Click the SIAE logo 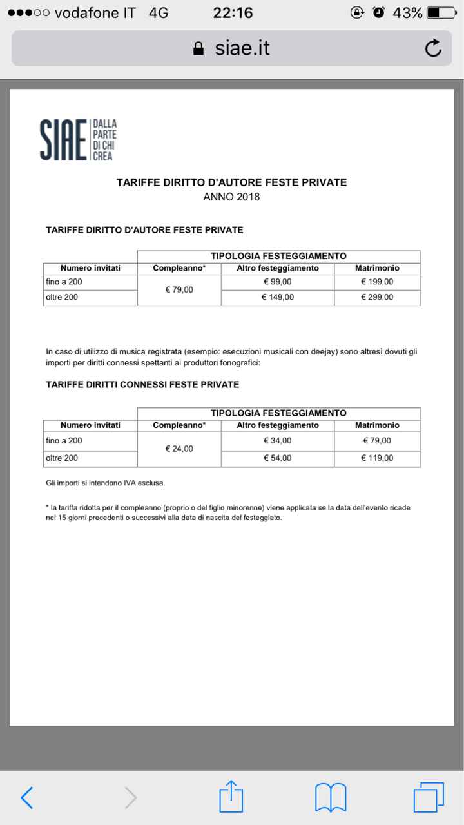pyautogui.click(x=77, y=139)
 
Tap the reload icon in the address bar pyautogui.click(x=433, y=48)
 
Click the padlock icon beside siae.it pyautogui.click(x=198, y=49)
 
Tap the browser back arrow pyautogui.click(x=26, y=797)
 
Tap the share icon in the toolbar pyautogui.click(x=231, y=797)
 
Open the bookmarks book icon pyautogui.click(x=331, y=797)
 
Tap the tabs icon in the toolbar pyautogui.click(x=429, y=797)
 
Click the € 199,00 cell pyautogui.click(x=377, y=282)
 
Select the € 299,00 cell pyautogui.click(x=377, y=297)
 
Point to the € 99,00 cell pyautogui.click(x=277, y=282)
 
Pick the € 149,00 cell pyautogui.click(x=277, y=297)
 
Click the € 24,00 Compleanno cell pyautogui.click(x=179, y=449)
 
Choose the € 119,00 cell pyautogui.click(x=377, y=458)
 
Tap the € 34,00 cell pyautogui.click(x=277, y=441)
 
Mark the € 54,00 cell pyautogui.click(x=277, y=458)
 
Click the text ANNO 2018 pyautogui.click(x=231, y=197)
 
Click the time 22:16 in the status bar pyautogui.click(x=233, y=13)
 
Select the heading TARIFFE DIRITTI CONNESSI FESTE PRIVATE pyautogui.click(x=142, y=385)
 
